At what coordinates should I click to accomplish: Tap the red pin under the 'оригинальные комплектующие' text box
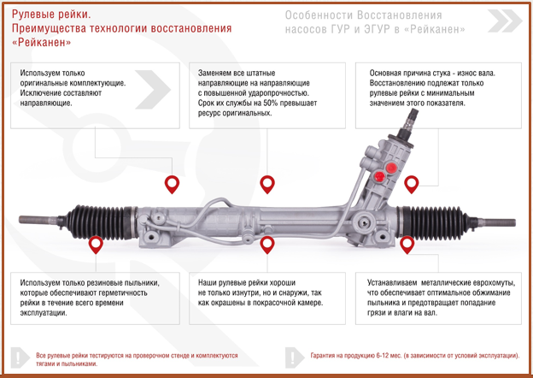[x=173, y=184]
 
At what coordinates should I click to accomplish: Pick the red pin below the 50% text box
[x=267, y=184]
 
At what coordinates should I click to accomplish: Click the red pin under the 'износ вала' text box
[x=412, y=184]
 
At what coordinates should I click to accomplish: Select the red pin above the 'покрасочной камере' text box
[x=267, y=245]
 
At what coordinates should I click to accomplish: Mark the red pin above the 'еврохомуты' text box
[x=407, y=245]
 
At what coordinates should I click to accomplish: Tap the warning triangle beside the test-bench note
[x=18, y=357]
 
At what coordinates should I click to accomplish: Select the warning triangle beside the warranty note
[x=293, y=357]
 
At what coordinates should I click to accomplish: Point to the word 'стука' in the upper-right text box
[x=460, y=74]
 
